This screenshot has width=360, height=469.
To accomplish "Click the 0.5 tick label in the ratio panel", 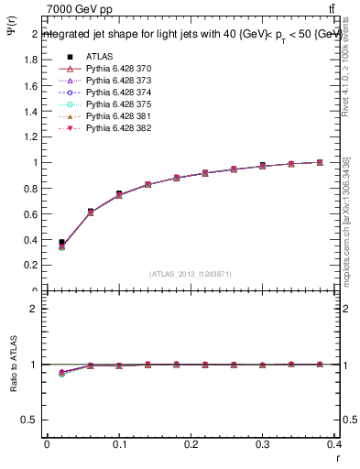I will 29,420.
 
